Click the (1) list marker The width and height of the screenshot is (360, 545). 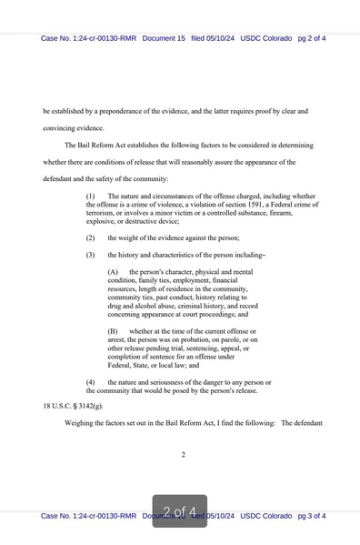[91, 196]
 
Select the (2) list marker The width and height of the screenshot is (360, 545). [91, 237]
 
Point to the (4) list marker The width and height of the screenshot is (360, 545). [91, 382]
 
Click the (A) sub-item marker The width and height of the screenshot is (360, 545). [113, 272]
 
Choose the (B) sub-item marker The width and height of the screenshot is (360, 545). [113, 331]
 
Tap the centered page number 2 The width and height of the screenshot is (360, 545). [183, 455]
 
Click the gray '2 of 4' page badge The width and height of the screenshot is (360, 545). [179, 510]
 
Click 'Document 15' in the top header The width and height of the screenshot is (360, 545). [164, 38]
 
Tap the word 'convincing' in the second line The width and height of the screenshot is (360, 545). [60, 127]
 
